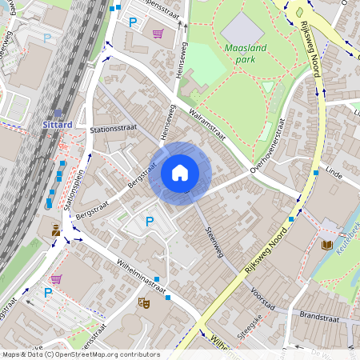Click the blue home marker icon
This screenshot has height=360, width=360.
pyautogui.click(x=180, y=172)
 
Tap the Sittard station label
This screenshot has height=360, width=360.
pyautogui.click(x=57, y=125)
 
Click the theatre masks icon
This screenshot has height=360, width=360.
pyautogui.click(x=144, y=302)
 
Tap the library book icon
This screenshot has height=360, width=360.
pyautogui.click(x=326, y=245)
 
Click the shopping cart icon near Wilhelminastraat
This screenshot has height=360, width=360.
pyautogui.click(x=56, y=279)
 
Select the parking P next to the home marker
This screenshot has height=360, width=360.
pyautogui.click(x=149, y=221)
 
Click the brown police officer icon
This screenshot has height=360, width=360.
pyautogui.click(x=56, y=230)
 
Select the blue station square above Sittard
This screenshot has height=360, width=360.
pyautogui.click(x=58, y=113)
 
